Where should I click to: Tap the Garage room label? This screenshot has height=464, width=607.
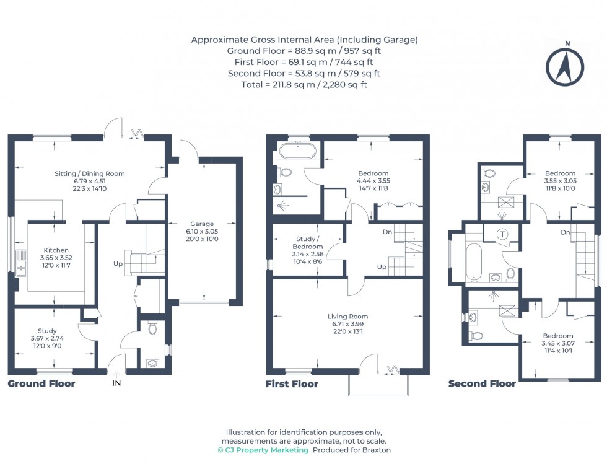click(202, 224)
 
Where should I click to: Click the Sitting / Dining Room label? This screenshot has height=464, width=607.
click(89, 173)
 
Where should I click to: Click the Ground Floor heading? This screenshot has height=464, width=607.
click(41, 383)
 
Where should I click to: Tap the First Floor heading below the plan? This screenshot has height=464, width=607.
click(292, 383)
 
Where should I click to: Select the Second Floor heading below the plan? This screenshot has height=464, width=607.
click(482, 383)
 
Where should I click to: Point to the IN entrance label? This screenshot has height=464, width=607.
click(116, 384)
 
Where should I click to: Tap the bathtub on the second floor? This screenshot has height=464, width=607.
click(471, 261)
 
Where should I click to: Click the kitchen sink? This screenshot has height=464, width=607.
click(20, 262)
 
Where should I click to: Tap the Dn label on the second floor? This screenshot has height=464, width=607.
click(565, 232)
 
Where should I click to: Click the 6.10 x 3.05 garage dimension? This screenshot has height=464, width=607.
click(202, 231)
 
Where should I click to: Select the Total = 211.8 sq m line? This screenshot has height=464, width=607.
click(304, 84)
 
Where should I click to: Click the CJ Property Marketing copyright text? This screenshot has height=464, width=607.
click(263, 450)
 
